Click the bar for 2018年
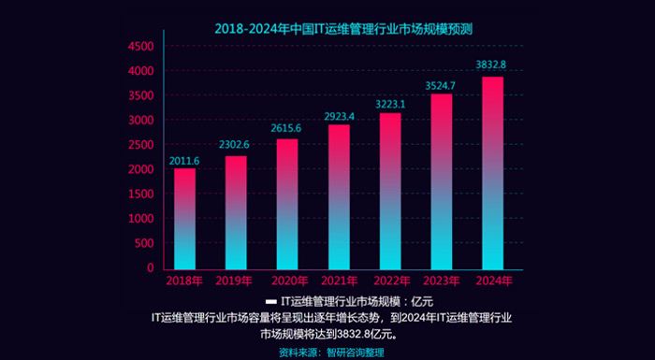coord(184,219)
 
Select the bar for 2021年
coord(339,197)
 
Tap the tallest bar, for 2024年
coord(493,173)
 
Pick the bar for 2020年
coord(287,204)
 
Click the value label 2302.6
coord(234,145)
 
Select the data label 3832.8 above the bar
coord(491,65)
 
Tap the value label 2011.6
coord(183,161)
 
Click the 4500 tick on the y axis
coord(141,47)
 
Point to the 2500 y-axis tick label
coord(141,145)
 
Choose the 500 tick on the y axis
coord(144,243)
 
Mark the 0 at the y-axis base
coord(151,268)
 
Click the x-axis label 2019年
coord(234,281)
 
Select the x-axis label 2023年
coord(442,281)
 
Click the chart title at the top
coord(343,29)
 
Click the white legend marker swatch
coord(271,301)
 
